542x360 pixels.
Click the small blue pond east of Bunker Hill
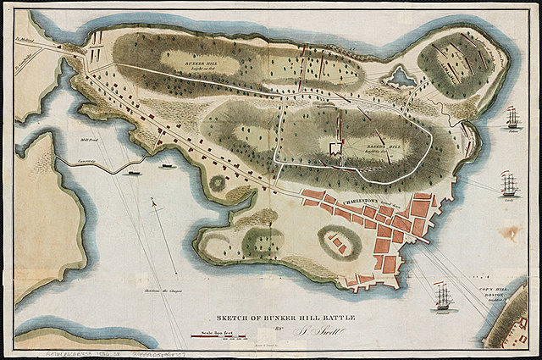tap(399, 79)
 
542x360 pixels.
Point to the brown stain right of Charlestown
tap(514, 232)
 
